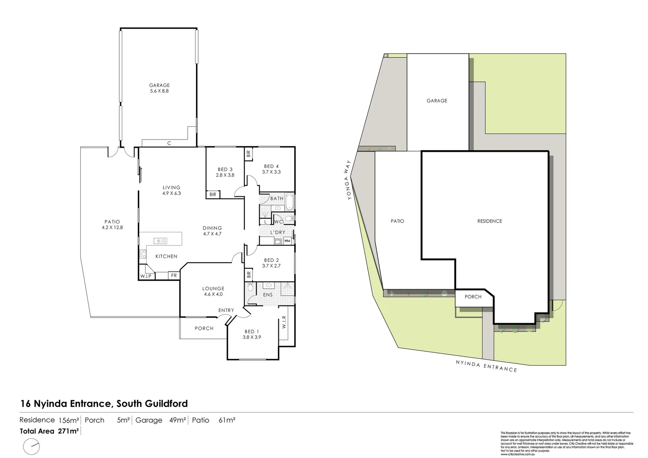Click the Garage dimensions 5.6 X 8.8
159,91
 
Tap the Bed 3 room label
224,169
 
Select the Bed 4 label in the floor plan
271,166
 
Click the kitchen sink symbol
160,241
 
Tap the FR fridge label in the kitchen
174,276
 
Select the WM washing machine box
287,241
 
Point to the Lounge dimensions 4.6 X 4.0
213,294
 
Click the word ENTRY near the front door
226,310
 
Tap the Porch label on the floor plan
204,328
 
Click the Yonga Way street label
348,180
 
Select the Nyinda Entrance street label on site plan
486,366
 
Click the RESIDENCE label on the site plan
489,221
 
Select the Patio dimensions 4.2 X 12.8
112,227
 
